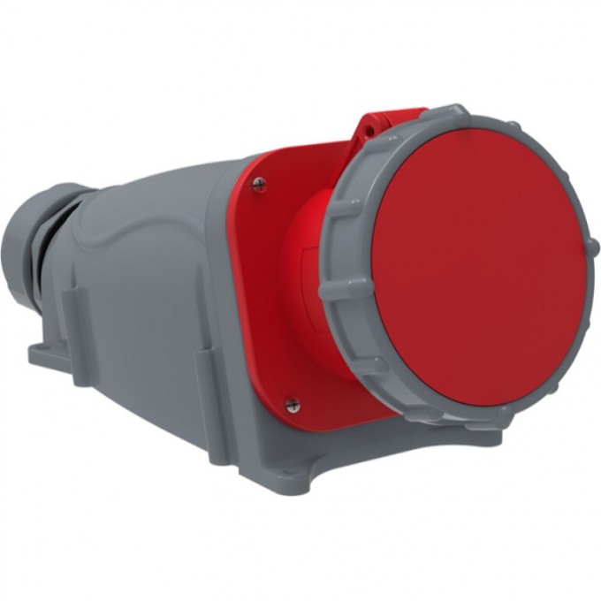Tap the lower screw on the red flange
293,404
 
